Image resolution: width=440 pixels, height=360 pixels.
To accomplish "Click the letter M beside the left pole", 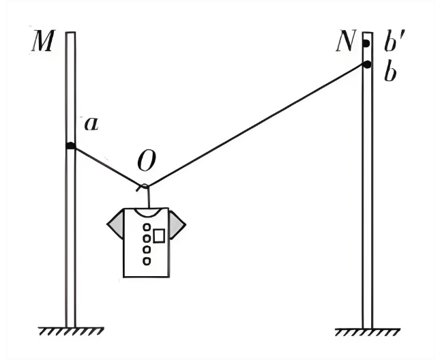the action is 42,41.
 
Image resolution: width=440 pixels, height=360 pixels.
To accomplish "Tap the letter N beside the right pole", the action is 345,41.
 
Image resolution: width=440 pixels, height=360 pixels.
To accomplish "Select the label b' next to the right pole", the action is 394,41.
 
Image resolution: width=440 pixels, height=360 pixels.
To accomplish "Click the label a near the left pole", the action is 92,123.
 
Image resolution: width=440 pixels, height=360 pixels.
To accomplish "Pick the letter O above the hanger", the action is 147,161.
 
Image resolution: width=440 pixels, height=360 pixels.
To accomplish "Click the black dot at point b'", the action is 366,44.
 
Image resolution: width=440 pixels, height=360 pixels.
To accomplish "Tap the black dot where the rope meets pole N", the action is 367,65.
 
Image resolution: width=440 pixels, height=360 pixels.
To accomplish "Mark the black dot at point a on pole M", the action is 71,146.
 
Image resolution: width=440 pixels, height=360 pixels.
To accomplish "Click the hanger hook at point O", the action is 144,186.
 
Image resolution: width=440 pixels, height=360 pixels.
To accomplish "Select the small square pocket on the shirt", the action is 159,235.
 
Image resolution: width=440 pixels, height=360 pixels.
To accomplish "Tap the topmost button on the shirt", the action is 147,227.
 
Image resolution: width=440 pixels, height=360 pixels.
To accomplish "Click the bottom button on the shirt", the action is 147,261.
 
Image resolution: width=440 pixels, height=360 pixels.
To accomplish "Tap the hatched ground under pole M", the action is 71,331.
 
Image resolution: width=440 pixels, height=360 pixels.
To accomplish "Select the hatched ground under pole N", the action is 368,332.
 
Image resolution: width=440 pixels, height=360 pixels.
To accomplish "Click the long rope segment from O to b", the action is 256,125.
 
